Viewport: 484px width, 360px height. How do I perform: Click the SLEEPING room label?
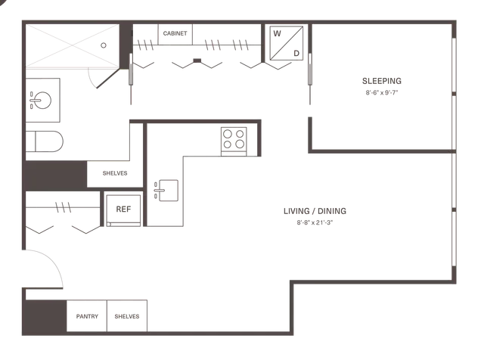[x=382, y=81]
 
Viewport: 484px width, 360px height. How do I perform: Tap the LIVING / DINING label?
[x=315, y=211]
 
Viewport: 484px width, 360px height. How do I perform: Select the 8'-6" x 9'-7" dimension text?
[x=382, y=92]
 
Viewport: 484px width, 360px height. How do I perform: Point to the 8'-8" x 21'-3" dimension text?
[x=315, y=222]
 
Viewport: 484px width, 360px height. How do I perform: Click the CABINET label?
[x=175, y=33]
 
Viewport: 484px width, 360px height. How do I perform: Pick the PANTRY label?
[x=87, y=316]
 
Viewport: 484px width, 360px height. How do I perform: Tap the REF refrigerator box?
[x=123, y=210]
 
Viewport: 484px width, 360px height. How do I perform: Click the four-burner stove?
[x=234, y=141]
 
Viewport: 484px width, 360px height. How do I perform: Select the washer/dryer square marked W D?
[x=287, y=43]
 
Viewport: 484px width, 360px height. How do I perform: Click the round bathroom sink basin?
[x=42, y=101]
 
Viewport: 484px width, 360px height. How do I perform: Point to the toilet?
[x=45, y=141]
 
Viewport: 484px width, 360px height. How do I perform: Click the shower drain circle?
[x=104, y=45]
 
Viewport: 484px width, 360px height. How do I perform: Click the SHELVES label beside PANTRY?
[x=127, y=316]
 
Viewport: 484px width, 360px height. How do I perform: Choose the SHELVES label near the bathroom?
[x=115, y=173]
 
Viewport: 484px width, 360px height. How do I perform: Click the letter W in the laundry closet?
[x=278, y=33]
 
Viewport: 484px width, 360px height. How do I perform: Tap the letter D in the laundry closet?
[x=296, y=54]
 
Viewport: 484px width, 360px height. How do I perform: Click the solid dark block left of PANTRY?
[x=45, y=316]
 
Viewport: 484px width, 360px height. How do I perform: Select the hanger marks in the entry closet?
[x=63, y=207]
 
